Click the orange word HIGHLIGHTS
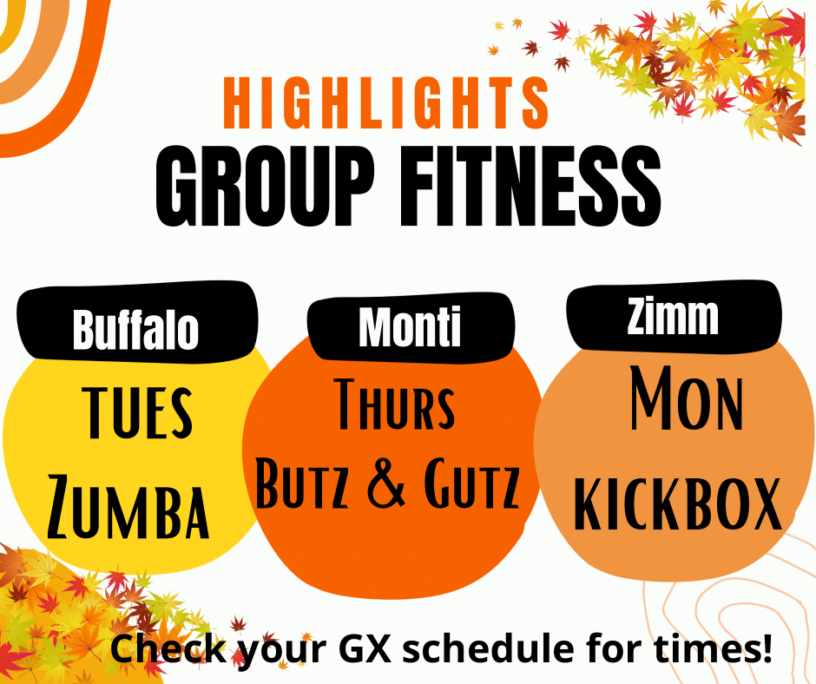tap(385, 102)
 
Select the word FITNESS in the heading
tap(530, 186)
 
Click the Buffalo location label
tap(135, 329)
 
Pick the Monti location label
tap(410, 326)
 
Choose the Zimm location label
tap(673, 315)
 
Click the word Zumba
tap(128, 507)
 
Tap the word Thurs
tap(394, 404)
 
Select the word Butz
tap(302, 483)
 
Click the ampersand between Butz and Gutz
tap(386, 483)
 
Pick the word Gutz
tap(471, 483)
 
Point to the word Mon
tap(687, 398)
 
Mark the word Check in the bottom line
tap(168, 648)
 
